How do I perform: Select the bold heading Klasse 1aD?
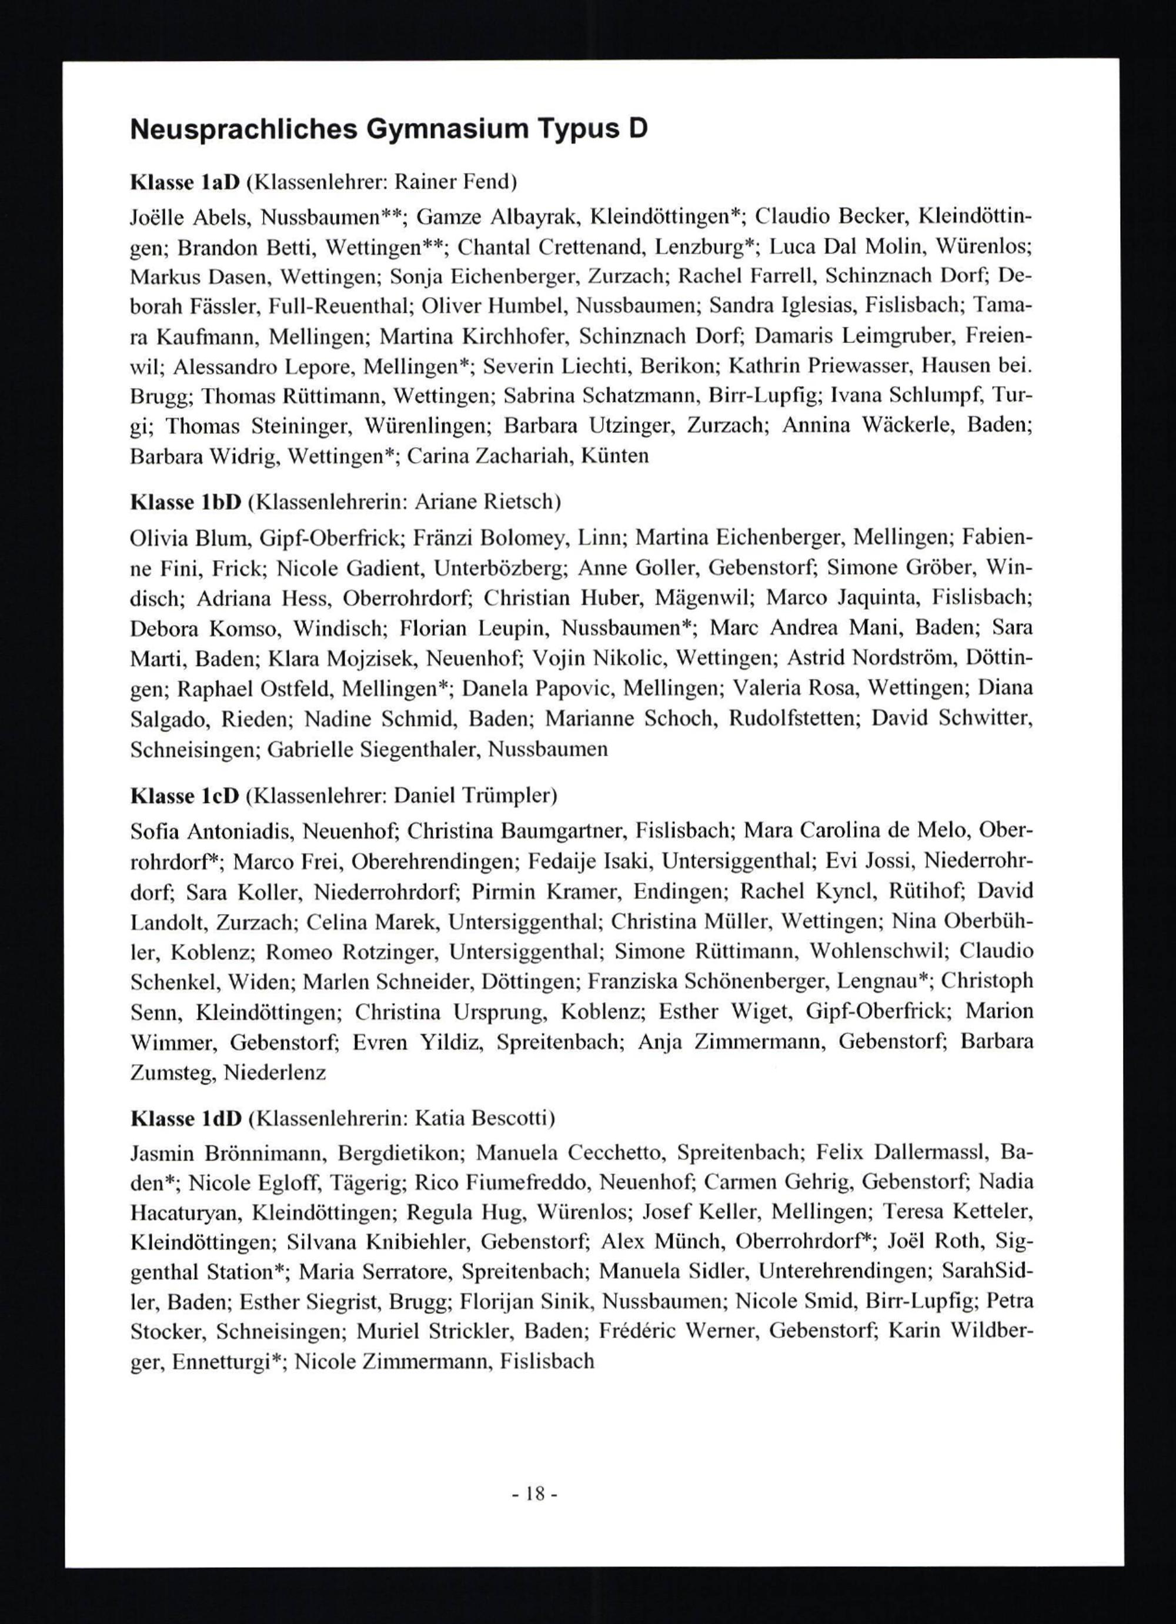184,183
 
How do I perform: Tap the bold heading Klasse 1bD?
185,502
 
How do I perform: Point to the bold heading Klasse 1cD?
184,796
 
